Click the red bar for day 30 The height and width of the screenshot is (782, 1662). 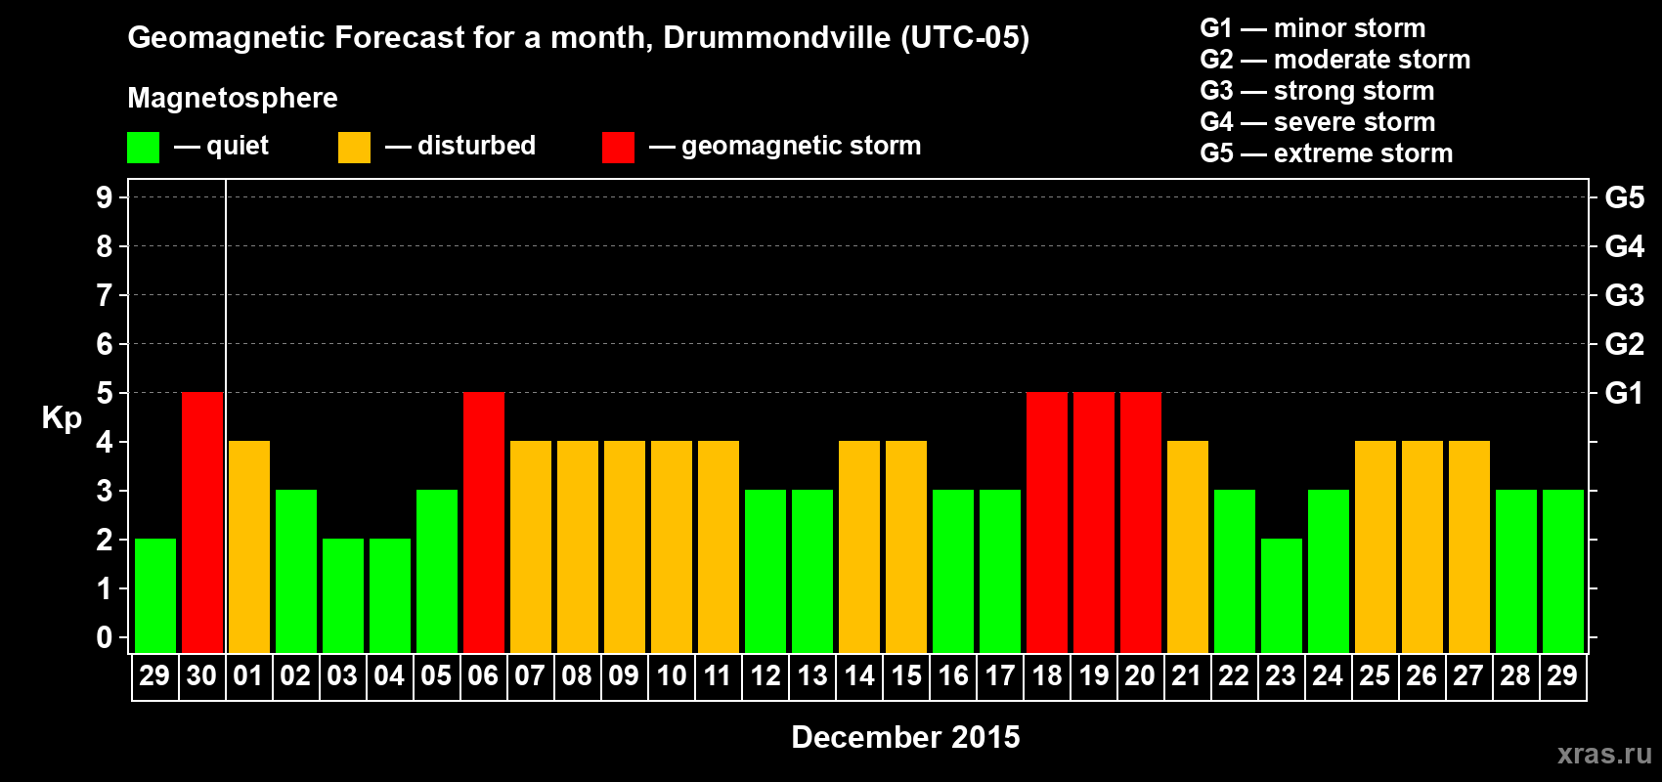[x=202, y=522]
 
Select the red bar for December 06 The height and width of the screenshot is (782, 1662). [x=484, y=522]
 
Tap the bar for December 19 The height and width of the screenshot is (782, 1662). [x=1094, y=522]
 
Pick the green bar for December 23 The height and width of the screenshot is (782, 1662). [x=1282, y=595]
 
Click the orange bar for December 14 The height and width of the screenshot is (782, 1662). [x=859, y=546]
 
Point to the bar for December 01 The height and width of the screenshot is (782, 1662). [x=249, y=546]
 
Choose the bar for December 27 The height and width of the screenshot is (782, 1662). [x=1469, y=546]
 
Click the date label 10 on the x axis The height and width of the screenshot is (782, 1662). [x=672, y=675]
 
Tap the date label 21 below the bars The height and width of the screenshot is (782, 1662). [x=1186, y=675]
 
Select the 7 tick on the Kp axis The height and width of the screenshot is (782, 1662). [x=105, y=295]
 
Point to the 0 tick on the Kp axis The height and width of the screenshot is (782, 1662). [x=105, y=637]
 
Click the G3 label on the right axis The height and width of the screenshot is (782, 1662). [x=1624, y=295]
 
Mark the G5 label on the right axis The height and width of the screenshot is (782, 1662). [x=1624, y=197]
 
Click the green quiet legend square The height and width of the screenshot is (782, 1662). [x=143, y=148]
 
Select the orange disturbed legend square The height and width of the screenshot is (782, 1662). [x=354, y=148]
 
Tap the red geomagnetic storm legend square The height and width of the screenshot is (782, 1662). [x=618, y=148]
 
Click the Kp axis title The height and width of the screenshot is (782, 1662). [x=62, y=418]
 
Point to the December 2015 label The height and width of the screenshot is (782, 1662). [x=905, y=737]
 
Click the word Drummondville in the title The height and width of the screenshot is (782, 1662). [x=776, y=37]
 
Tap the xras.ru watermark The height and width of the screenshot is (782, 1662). [x=1604, y=754]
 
